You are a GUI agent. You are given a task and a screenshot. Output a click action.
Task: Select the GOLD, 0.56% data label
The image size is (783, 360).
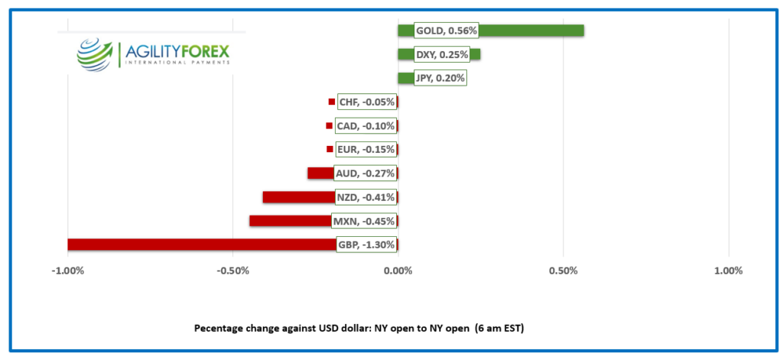click(x=446, y=31)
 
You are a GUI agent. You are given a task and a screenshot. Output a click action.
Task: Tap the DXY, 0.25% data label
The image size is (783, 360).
click(x=441, y=54)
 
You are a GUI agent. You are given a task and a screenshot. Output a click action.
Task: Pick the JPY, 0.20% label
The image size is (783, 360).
click(x=439, y=78)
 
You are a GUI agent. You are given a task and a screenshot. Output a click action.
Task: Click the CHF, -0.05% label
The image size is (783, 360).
click(x=367, y=102)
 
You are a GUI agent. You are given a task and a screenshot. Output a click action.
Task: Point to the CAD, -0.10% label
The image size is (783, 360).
click(x=366, y=126)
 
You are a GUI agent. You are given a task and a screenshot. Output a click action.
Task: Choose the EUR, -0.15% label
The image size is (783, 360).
click(x=366, y=150)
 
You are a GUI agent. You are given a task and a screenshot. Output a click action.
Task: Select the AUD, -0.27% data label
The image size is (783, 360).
click(x=365, y=174)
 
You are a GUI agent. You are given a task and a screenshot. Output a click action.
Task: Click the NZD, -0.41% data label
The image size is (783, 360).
click(x=365, y=197)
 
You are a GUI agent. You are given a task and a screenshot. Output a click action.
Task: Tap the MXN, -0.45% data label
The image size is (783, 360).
click(x=363, y=222)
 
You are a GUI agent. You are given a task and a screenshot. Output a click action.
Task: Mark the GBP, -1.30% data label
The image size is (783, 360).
click(x=366, y=245)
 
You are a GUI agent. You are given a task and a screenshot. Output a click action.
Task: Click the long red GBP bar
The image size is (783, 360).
click(x=199, y=245)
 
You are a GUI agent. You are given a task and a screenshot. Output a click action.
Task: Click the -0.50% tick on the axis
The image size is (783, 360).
click(x=232, y=271)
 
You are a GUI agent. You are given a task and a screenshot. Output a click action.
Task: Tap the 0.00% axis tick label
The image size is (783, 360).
click(x=398, y=271)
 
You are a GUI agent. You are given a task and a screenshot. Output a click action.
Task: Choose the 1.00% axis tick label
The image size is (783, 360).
click(x=728, y=271)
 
